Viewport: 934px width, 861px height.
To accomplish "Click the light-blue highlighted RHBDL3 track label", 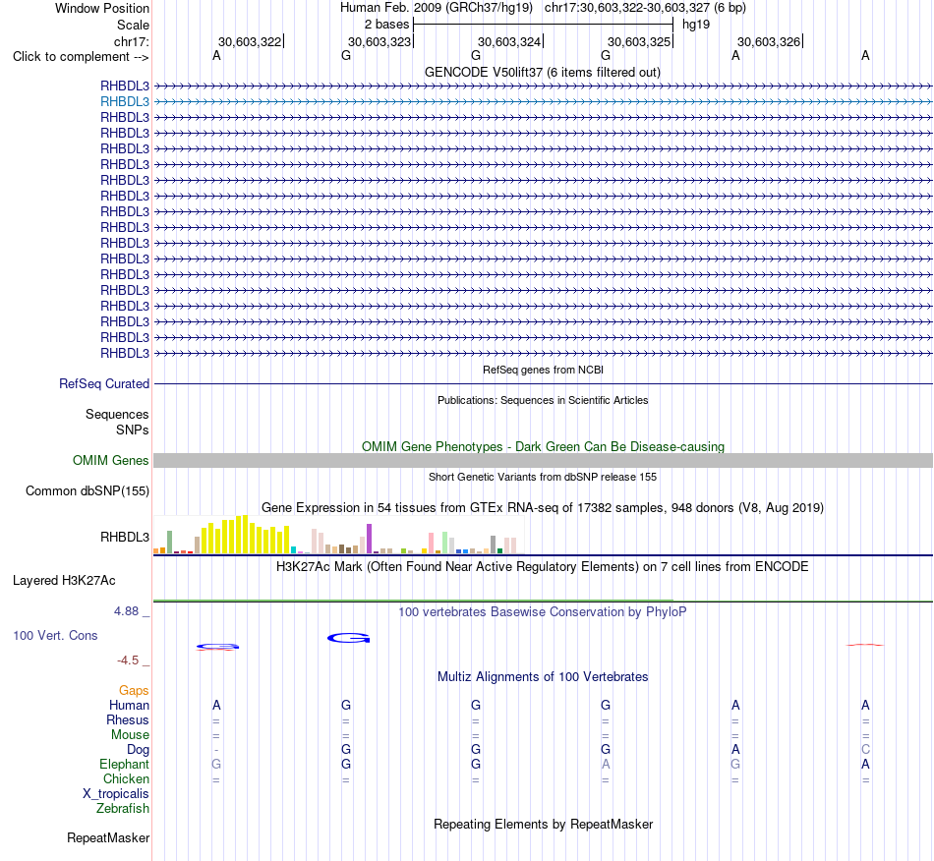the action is pyautogui.click(x=125, y=102).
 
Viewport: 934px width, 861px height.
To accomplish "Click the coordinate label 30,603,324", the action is pyautogui.click(x=509, y=41).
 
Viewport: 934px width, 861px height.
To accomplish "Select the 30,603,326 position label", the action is pyautogui.click(x=769, y=41).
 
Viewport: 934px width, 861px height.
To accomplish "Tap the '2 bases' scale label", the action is pyautogui.click(x=386, y=25).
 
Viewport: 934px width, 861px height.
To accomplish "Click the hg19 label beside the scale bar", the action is pyautogui.click(x=696, y=25).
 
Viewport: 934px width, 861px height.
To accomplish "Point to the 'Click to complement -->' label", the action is pyautogui.click(x=81, y=57).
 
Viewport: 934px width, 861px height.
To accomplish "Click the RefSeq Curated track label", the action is pyautogui.click(x=104, y=384).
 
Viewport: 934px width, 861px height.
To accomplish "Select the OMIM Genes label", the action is pyautogui.click(x=111, y=460).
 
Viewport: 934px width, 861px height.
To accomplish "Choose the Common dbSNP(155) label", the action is pyautogui.click(x=88, y=491).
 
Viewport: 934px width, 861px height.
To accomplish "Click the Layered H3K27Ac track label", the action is pyautogui.click(x=64, y=581).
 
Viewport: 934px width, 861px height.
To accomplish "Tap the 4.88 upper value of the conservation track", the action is pyautogui.click(x=126, y=611).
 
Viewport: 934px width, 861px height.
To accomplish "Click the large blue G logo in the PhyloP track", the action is pyautogui.click(x=348, y=638).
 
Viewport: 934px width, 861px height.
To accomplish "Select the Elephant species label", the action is pyautogui.click(x=125, y=764).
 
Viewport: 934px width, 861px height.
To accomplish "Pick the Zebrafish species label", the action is pyautogui.click(x=123, y=809).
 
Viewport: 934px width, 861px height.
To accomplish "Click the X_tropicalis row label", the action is pyautogui.click(x=116, y=794).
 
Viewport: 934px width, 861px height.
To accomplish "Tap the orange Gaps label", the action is pyautogui.click(x=134, y=691).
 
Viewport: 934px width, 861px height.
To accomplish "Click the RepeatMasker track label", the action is pyautogui.click(x=108, y=837).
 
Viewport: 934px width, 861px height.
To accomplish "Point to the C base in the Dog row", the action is pyautogui.click(x=865, y=749).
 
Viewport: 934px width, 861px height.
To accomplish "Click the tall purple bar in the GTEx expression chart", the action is pyautogui.click(x=370, y=539).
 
